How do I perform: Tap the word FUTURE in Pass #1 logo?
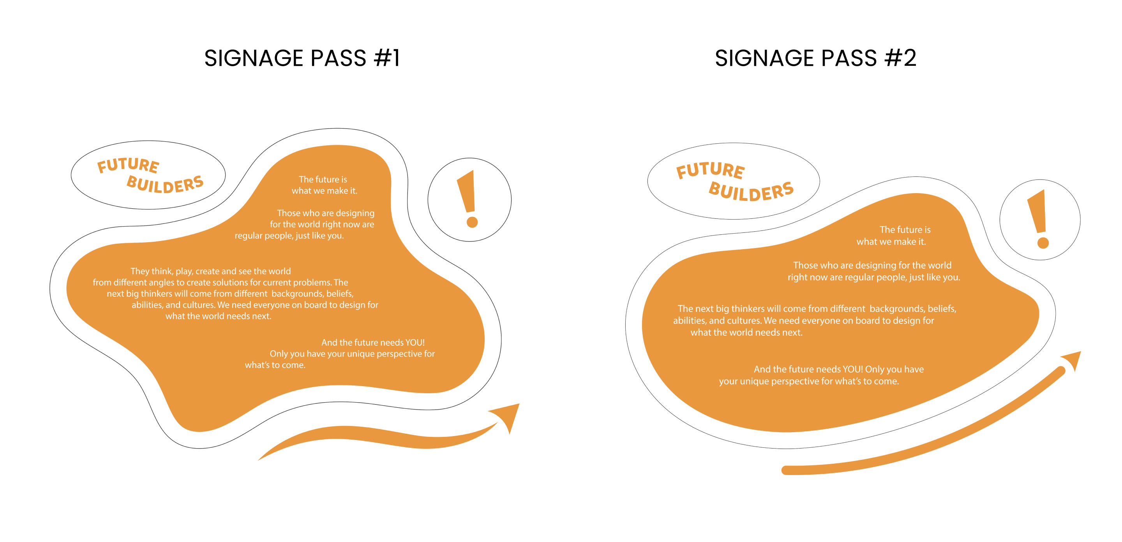(x=128, y=165)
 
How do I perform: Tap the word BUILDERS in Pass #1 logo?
(x=165, y=184)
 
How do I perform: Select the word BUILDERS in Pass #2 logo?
(x=751, y=191)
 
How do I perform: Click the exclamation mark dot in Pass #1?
(x=472, y=222)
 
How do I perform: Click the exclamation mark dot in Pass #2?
(x=1043, y=243)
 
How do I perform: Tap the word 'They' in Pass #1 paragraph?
(x=140, y=271)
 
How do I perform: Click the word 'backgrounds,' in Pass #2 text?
(x=897, y=309)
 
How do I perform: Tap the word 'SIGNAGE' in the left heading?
(x=254, y=58)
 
